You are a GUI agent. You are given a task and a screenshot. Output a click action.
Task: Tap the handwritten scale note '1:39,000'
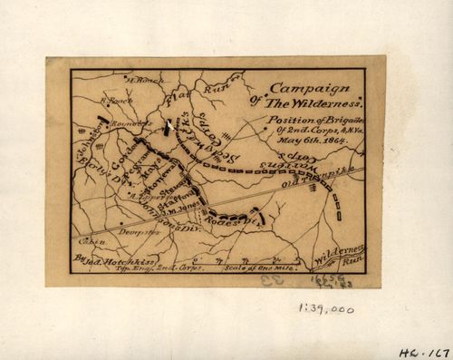coord(325,309)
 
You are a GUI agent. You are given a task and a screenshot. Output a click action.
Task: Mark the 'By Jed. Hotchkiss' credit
coord(108,258)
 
